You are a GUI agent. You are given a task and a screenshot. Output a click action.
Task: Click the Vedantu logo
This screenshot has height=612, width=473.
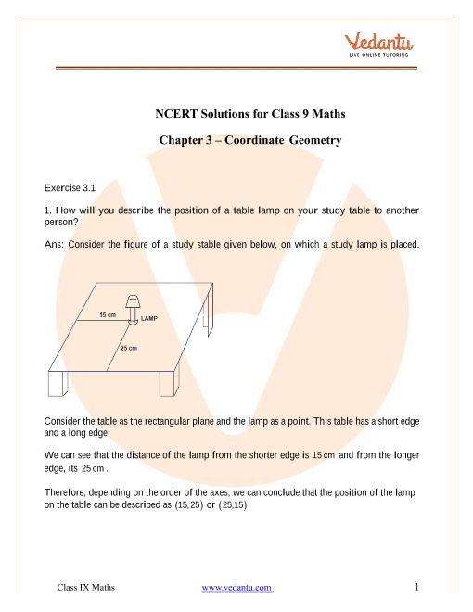pos(378,45)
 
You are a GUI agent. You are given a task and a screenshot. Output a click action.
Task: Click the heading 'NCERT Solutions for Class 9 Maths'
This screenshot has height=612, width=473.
pos(250,113)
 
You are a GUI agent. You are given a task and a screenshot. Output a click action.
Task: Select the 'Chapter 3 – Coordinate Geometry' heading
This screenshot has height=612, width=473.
pos(250,140)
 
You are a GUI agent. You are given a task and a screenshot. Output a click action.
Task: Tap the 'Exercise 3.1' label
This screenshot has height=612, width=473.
pos(70,188)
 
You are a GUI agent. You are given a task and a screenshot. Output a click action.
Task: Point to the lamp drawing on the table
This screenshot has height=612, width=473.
pos(133,310)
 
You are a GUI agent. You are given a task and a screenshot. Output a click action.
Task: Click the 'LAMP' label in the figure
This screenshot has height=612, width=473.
pos(149,318)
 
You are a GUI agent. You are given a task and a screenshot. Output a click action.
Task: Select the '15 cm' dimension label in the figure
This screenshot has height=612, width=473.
pos(108,314)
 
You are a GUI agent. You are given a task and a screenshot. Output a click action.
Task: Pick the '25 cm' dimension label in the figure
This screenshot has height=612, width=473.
pos(128,348)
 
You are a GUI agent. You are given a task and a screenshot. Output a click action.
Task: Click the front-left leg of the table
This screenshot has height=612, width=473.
pos(58,384)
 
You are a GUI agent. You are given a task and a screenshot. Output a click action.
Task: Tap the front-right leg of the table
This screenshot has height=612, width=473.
pos(170,383)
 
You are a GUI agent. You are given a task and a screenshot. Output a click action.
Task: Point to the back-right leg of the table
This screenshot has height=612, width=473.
pos(209,312)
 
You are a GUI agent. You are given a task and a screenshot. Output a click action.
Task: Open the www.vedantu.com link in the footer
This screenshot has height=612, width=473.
pos(237,587)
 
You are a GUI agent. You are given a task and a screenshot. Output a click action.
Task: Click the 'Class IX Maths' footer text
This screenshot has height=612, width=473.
pos(86,587)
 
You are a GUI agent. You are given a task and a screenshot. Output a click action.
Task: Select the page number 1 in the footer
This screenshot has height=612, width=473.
pos(416,587)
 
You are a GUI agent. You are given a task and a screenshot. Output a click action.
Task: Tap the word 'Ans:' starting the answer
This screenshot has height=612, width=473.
pos(54,244)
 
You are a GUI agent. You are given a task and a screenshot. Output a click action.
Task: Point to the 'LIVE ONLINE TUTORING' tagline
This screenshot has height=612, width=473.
pos(378,55)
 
